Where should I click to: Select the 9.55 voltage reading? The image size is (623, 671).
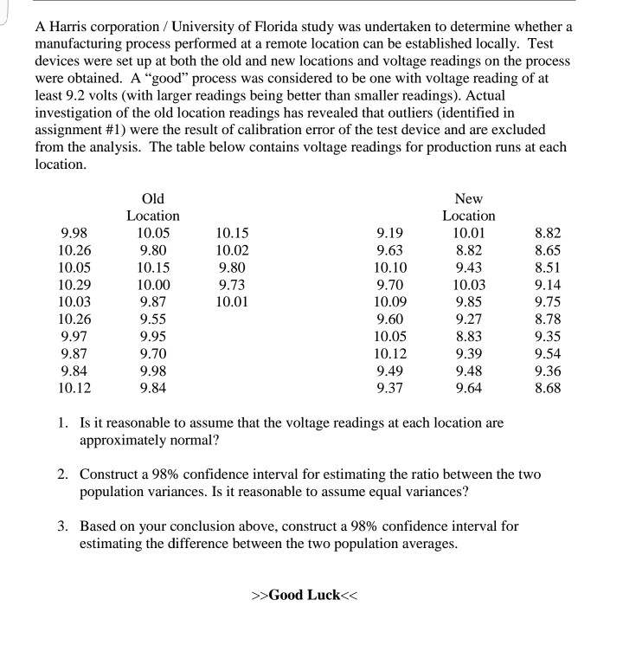click(153, 319)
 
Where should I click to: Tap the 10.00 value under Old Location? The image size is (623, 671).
click(153, 284)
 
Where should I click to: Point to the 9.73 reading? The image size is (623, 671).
click(231, 284)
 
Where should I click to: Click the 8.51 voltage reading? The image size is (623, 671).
click(548, 267)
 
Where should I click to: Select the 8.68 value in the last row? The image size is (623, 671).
click(548, 388)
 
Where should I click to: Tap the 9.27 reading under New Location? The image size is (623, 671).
click(469, 319)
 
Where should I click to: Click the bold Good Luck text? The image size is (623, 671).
click(305, 596)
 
